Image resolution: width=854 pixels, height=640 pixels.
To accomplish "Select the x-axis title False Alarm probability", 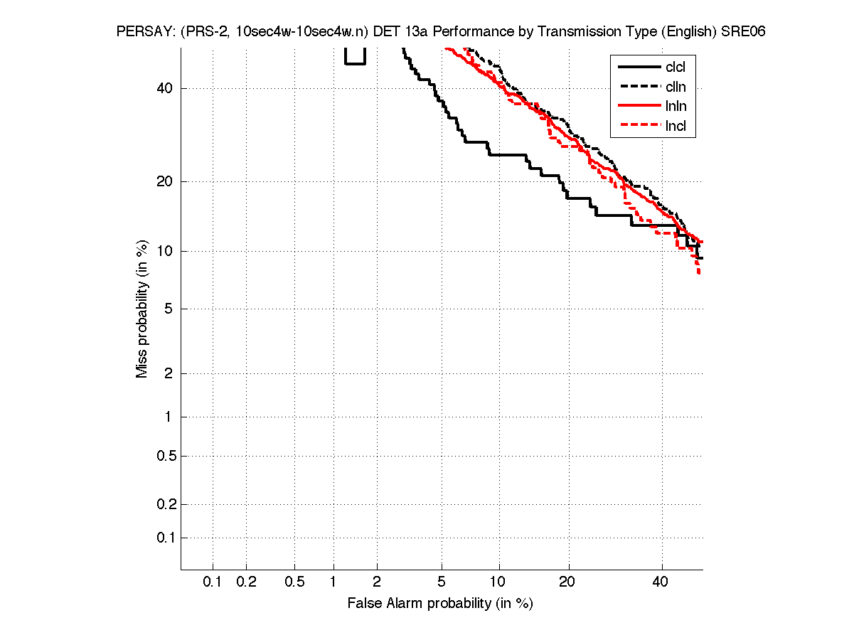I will [x=440, y=604].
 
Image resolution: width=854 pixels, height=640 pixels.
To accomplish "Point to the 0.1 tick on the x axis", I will [x=213, y=582].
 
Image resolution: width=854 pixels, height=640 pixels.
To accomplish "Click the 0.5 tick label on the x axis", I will [x=294, y=582].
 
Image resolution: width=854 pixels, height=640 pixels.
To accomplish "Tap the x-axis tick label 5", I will [x=442, y=582].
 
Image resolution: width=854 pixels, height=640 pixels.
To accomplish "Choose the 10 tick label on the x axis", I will [x=498, y=582].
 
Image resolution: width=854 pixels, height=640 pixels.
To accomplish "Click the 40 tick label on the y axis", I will [x=164, y=88].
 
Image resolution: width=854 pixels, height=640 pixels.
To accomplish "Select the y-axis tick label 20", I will [x=164, y=181].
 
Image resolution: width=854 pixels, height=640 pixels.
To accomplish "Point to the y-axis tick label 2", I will [x=168, y=373].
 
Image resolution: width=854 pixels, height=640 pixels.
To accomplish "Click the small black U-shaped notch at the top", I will [x=355, y=58].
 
